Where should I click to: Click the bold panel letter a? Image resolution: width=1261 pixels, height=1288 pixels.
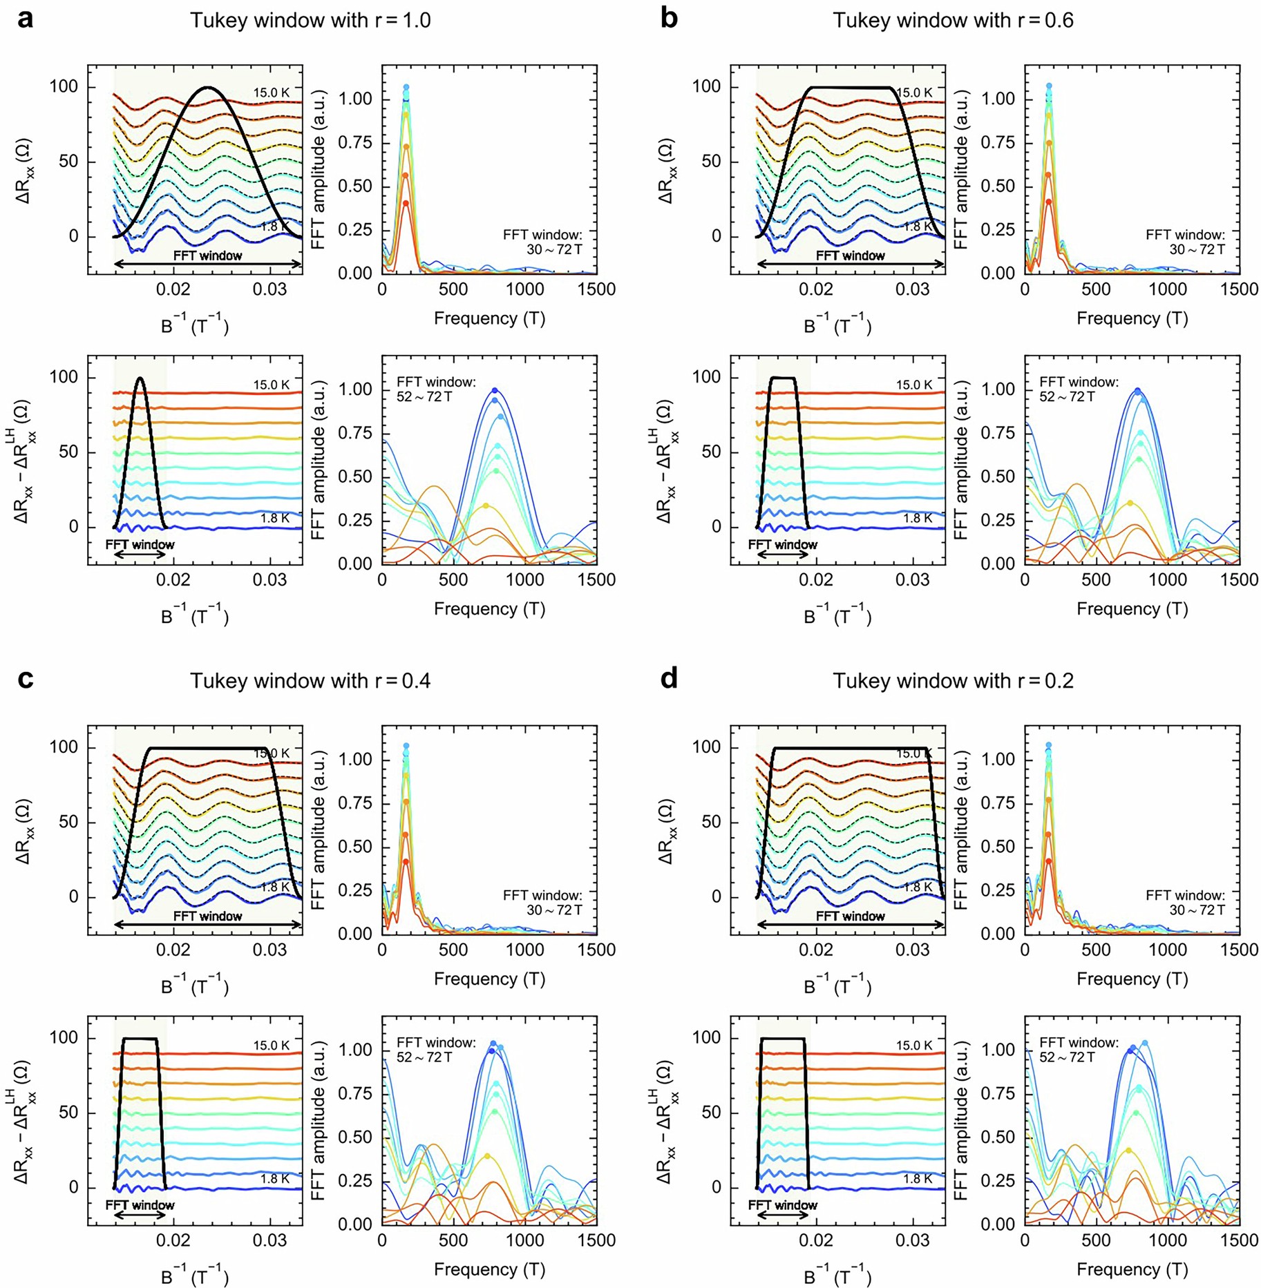click(x=25, y=19)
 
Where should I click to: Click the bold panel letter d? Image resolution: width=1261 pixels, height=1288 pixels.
click(x=669, y=679)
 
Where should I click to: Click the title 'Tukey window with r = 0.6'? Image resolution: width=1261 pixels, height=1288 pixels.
click(x=953, y=21)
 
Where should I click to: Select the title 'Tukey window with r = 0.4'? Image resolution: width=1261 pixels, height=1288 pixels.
click(x=310, y=681)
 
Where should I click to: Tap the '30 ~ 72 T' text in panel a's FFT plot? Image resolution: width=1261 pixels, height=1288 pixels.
click(x=554, y=249)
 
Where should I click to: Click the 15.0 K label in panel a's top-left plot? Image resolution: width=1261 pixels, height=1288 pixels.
click(x=271, y=93)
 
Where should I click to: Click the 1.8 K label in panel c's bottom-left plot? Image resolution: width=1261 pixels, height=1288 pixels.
click(x=275, y=1179)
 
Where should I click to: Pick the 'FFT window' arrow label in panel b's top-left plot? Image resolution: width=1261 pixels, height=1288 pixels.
click(x=850, y=256)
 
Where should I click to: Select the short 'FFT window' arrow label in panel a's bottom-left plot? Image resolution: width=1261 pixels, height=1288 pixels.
click(x=140, y=544)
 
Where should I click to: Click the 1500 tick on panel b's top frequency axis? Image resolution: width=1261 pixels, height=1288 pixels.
click(x=1239, y=289)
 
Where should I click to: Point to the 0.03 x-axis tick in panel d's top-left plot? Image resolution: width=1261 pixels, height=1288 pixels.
click(x=912, y=950)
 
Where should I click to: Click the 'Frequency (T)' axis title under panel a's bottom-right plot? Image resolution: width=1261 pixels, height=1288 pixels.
click(x=489, y=609)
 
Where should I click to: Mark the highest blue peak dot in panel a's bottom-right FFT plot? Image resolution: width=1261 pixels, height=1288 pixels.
click(x=495, y=390)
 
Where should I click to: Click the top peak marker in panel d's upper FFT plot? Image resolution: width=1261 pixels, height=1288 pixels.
click(x=1049, y=745)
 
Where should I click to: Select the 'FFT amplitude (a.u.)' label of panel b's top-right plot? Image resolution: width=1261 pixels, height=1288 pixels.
click(x=960, y=170)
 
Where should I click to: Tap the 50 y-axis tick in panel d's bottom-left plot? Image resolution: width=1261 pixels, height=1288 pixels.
click(x=711, y=1113)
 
